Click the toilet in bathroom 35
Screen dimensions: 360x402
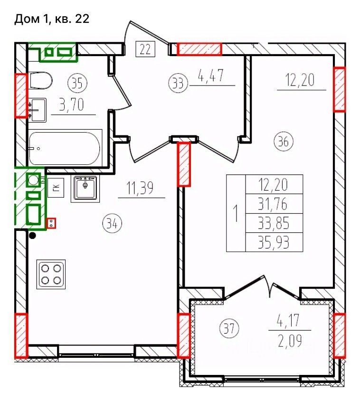pos(40,80)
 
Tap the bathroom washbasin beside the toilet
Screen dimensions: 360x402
pos(38,110)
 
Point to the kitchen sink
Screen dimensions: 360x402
pos(85,188)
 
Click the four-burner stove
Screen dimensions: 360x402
pos(51,274)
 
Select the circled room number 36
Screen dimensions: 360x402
pos(284,141)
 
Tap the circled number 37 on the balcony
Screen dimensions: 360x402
pos(229,328)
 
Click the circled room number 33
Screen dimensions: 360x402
pos(178,83)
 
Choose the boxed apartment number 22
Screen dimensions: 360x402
pos(145,49)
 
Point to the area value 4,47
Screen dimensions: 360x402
pos(211,76)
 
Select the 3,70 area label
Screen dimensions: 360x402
pos(72,105)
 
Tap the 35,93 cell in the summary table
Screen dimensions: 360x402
pos(274,242)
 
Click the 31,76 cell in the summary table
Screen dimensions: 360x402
pos(274,204)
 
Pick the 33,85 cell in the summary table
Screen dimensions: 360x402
pos(274,223)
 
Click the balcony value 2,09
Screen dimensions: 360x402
pos(290,341)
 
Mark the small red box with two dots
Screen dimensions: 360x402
pos(51,223)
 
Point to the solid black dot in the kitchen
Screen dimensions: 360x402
pos(33,235)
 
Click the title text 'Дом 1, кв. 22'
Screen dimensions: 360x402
pos(52,19)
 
